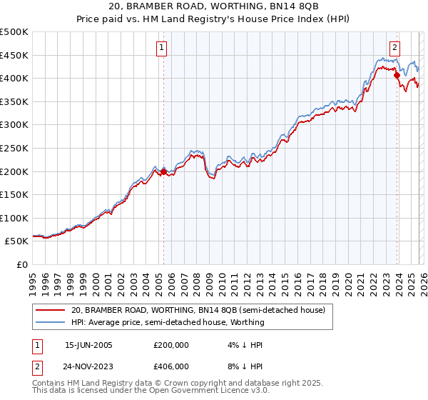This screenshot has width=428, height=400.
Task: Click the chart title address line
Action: coord(213,8)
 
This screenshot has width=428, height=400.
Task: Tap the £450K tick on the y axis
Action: coord(14,55)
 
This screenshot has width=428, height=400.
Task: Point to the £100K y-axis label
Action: coord(14,218)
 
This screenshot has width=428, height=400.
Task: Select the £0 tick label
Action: coord(21,264)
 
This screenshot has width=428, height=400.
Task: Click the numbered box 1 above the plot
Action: coord(163,48)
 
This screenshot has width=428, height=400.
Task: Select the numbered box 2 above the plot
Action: coord(394,48)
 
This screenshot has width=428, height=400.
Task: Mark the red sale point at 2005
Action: coord(163,171)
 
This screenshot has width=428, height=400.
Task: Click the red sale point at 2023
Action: coord(397,74)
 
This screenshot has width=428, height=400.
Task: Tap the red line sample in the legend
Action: coord(51,310)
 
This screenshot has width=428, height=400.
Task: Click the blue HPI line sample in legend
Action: coord(51,322)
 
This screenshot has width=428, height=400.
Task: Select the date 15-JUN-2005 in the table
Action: coord(88,345)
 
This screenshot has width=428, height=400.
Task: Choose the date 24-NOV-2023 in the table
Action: coord(88,366)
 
